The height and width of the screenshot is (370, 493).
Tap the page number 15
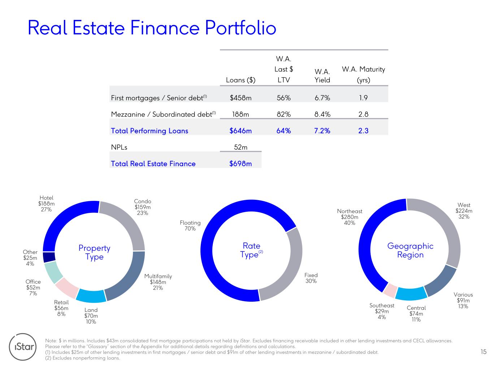pos(483,352)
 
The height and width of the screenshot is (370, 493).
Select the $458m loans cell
pos(240,98)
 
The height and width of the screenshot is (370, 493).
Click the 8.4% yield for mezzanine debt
pos(322,114)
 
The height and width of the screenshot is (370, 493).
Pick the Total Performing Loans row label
pos(150,131)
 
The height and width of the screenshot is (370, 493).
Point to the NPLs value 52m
pos(241,147)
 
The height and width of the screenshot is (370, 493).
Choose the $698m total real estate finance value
pos(240,164)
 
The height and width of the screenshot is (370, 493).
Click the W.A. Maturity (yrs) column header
pos(363,74)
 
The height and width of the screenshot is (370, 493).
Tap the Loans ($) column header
pos(241,80)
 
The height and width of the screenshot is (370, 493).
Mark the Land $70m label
pos(91,316)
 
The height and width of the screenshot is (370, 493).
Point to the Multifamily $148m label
pos(158,282)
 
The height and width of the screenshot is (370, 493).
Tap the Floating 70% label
pos(190,225)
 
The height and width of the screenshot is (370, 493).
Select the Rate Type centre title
pos(251,250)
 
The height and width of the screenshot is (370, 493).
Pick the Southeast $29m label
pos(382,311)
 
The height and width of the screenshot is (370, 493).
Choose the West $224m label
pos(464,211)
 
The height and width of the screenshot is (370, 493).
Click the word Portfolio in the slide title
pos(241,27)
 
